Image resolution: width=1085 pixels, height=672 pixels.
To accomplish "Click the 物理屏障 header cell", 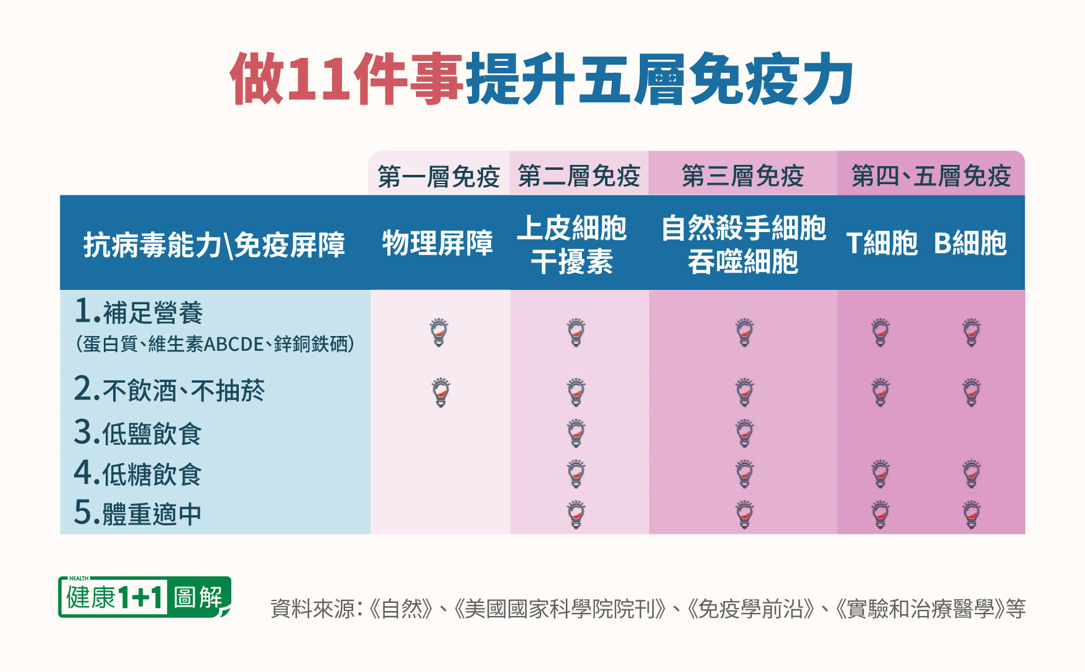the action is click(x=438, y=243).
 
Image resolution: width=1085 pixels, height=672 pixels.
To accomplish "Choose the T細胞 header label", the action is click(x=882, y=243).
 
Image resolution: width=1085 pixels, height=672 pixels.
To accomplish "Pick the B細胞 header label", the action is click(x=970, y=243).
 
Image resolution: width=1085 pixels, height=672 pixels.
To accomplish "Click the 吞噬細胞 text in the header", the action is click(x=743, y=261).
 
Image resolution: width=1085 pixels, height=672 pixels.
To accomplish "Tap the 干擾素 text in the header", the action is click(x=572, y=261).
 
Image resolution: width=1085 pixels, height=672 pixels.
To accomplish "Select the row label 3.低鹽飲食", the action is click(x=137, y=432).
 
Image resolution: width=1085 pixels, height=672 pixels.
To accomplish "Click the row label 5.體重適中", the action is click(x=137, y=513).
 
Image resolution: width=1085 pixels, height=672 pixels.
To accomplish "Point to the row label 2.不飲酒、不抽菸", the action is click(x=169, y=390).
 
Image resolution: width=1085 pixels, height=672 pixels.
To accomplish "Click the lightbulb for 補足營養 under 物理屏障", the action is click(x=439, y=332).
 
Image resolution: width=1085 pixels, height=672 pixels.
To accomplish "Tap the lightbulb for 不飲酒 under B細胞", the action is click(x=972, y=392).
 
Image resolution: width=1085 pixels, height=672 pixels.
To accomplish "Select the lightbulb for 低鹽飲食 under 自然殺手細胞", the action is click(x=744, y=433).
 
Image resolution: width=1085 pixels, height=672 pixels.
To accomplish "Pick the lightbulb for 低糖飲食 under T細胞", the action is click(x=880, y=474).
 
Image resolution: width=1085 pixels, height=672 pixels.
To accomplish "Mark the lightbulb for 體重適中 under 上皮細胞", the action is click(x=576, y=515).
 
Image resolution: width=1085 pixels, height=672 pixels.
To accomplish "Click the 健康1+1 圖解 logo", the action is click(x=145, y=597).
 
